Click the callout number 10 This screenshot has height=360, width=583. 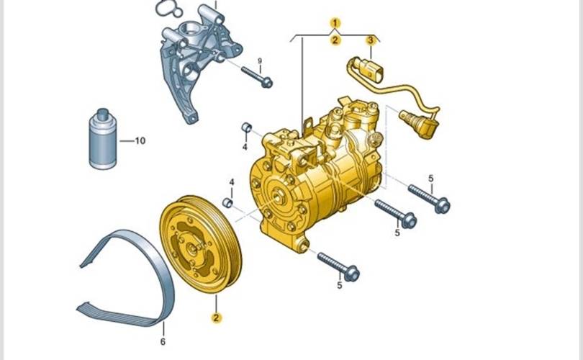coord(140,141)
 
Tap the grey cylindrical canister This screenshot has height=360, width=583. coord(103,139)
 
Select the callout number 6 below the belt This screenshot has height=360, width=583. coord(163,341)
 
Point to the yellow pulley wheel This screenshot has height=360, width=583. coord(201,244)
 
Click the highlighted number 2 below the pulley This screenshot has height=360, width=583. coord(216,318)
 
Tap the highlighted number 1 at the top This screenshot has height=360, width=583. coord(335,23)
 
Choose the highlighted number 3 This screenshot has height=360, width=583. coord(371,40)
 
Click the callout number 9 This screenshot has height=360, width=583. coord(260,60)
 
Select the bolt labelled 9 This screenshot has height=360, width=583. coord(257,76)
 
